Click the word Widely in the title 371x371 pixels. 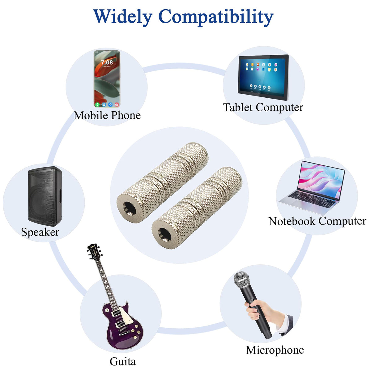pos(123,17)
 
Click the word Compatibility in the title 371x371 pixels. pos(216,17)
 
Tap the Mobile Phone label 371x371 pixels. pos(107,115)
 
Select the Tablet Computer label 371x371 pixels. pos(263,107)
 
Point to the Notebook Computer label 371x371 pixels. pos(318,221)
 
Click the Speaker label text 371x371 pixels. pos(40,232)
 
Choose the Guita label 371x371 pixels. pos(123,361)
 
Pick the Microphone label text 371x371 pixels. pos(275,350)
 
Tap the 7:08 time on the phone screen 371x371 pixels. pos(107,62)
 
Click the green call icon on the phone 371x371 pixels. pos(97,104)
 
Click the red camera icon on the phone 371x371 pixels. pos(117,104)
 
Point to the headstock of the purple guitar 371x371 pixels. pos(94,252)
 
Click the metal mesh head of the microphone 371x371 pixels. pos(242,280)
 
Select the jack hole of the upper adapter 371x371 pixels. pos(129,209)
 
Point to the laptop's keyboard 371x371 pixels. pos(312,199)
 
